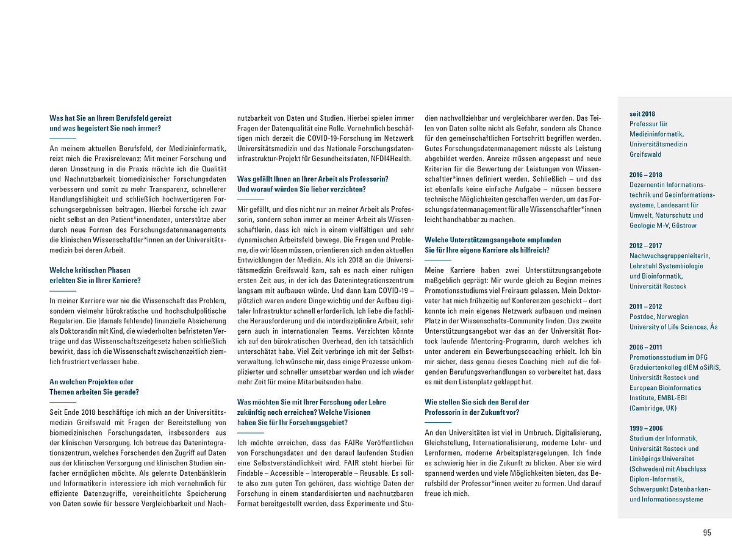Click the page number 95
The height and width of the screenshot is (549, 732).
707,533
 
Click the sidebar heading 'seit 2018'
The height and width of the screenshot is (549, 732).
642,113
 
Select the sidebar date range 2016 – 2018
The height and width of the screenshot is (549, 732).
645,174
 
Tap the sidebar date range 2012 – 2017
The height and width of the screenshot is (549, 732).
645,246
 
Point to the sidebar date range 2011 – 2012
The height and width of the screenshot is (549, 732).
645,307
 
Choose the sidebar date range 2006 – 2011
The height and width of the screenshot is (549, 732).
645,347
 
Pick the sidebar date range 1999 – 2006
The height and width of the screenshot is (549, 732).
645,428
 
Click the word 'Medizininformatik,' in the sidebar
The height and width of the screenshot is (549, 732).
658,134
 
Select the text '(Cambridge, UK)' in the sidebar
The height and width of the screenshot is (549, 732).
653,408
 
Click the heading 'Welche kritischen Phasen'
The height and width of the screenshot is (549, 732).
90,270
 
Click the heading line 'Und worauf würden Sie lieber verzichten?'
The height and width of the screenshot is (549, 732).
301,189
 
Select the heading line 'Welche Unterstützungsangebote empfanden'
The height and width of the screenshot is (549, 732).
493,240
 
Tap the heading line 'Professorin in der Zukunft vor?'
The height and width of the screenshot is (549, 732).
472,412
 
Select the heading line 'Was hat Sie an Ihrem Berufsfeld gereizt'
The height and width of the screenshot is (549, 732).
110,118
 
